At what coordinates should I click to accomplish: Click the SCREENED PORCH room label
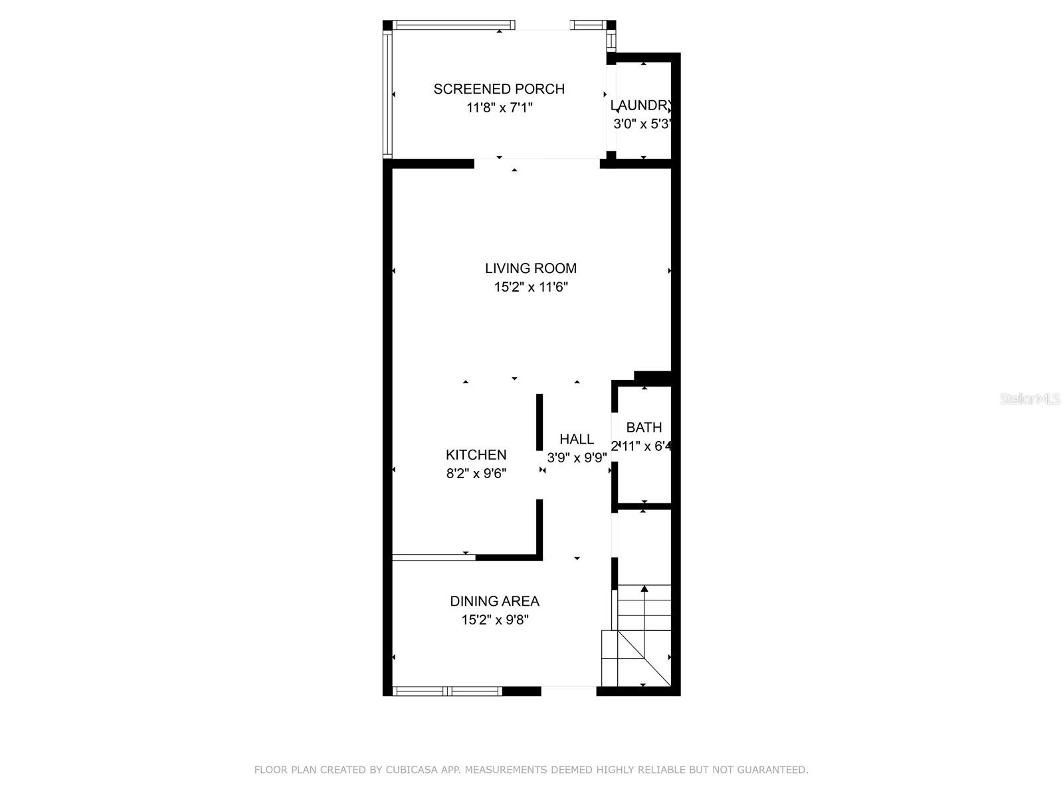click(499, 89)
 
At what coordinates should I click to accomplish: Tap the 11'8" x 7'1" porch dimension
click(500, 108)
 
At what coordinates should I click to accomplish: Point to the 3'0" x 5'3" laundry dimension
click(642, 124)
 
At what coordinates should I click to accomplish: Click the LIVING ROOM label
click(530, 268)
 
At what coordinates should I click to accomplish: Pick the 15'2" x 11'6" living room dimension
click(530, 287)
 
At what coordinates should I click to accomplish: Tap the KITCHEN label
click(476, 455)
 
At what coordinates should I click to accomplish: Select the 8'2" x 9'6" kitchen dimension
click(476, 474)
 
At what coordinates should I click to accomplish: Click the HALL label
click(576, 439)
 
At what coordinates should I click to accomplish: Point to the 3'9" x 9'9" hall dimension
click(577, 458)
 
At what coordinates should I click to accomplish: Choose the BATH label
click(644, 428)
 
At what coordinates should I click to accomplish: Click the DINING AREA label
click(494, 601)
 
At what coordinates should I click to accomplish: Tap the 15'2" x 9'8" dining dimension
click(495, 620)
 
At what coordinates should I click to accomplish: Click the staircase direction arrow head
click(644, 588)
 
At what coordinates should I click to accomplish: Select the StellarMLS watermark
click(1029, 399)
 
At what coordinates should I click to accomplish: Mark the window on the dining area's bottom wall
click(447, 691)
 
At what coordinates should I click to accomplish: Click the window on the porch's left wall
click(387, 94)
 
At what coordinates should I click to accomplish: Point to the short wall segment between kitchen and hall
click(539, 422)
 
